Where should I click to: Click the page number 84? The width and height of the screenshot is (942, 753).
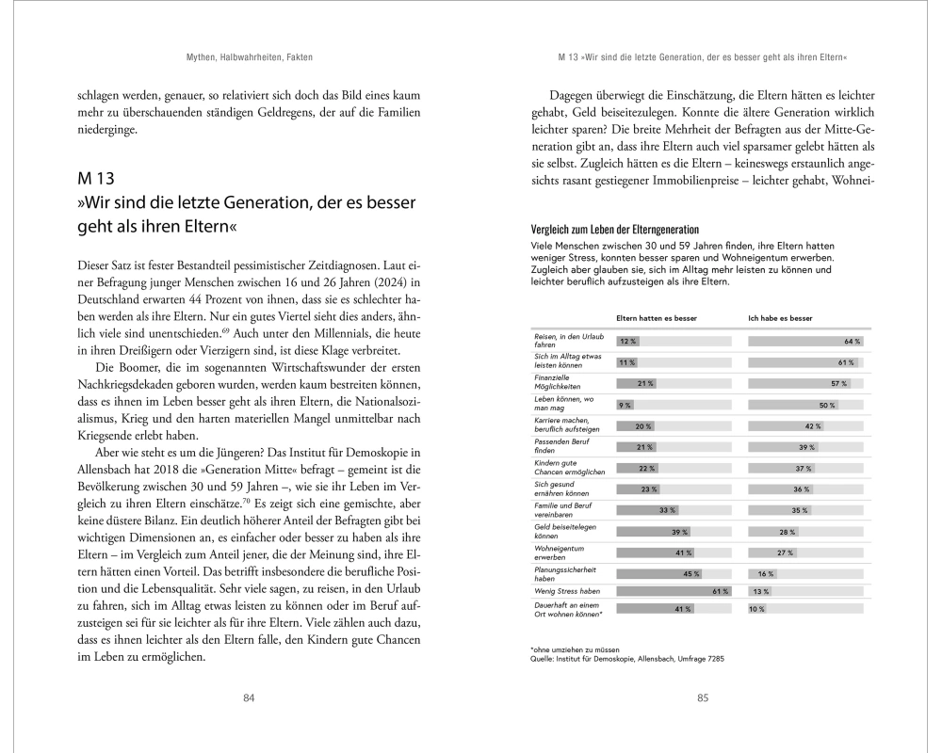tap(249, 697)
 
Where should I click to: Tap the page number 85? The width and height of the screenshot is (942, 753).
tap(702, 697)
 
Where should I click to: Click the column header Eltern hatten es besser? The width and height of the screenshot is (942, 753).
tap(656, 318)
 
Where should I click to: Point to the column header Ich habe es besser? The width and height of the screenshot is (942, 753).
tap(780, 318)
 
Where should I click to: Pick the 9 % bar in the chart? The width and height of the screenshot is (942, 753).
tap(625, 405)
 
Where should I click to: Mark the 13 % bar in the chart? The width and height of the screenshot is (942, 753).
tap(759, 590)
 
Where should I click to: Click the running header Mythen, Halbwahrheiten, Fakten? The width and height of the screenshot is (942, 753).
tap(249, 58)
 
